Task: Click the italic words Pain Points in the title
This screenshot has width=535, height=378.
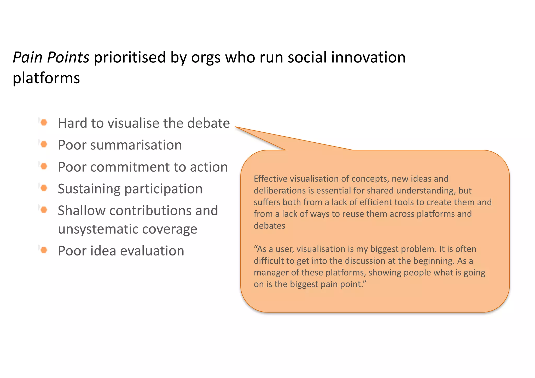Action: (x=51, y=57)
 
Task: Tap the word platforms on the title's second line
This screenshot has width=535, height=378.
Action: (x=46, y=78)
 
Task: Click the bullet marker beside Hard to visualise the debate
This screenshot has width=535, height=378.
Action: (x=44, y=122)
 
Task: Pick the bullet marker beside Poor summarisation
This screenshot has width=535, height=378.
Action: (x=44, y=144)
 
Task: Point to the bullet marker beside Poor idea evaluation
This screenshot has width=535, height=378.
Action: (x=44, y=250)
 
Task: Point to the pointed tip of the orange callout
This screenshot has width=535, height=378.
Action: (x=236, y=127)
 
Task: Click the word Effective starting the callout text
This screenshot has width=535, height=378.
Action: (x=270, y=179)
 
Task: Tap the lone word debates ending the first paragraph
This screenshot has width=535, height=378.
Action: (x=269, y=226)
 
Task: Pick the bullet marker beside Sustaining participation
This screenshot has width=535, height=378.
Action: (x=44, y=188)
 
